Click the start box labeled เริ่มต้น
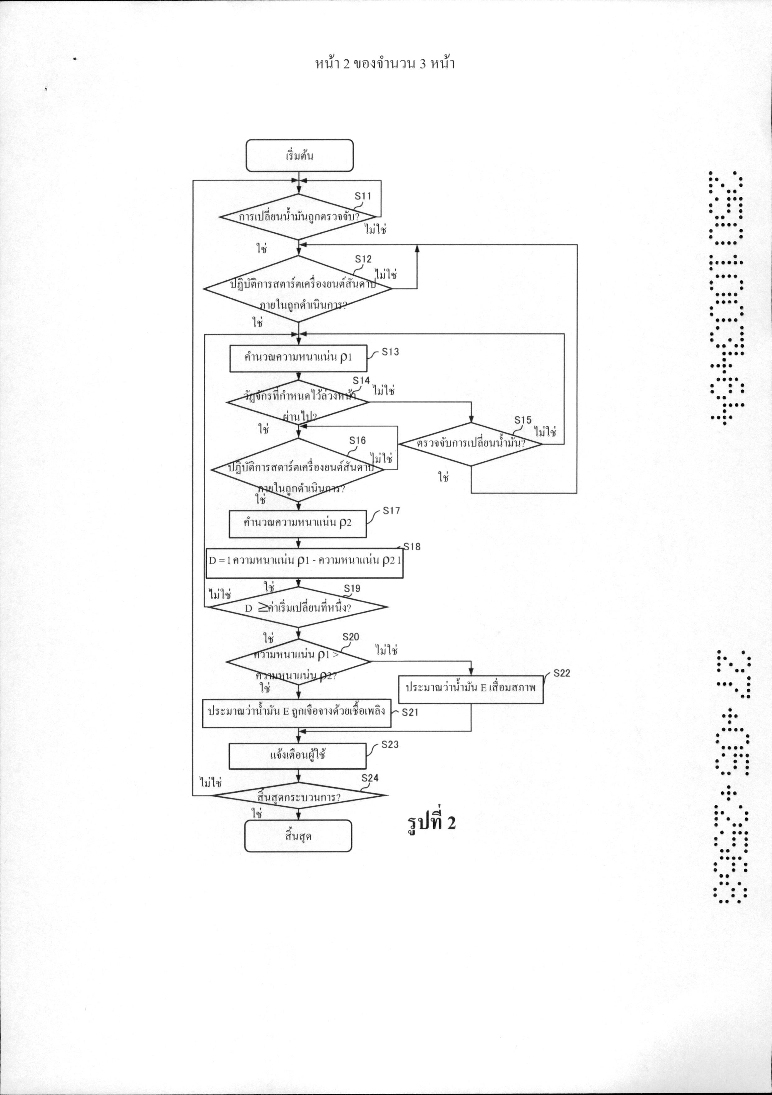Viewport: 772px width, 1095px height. [300, 156]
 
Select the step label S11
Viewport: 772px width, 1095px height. [363, 196]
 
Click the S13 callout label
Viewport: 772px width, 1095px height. [390, 352]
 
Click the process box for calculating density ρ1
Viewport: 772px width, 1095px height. [298, 358]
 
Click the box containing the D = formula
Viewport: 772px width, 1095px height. [304, 563]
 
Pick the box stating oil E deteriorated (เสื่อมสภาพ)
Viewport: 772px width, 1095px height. [471, 688]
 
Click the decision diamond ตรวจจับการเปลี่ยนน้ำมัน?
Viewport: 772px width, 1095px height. [471, 444]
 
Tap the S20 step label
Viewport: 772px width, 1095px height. [351, 637]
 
